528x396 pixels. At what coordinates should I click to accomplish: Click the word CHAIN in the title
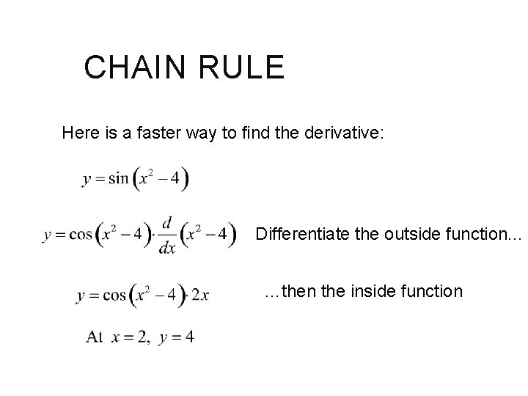(129, 67)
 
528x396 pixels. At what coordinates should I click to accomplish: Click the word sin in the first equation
(117, 180)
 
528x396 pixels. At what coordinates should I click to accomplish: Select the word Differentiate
(301, 235)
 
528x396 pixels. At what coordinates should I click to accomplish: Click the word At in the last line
(95, 337)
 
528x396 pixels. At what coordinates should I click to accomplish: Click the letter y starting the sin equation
(87, 182)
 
